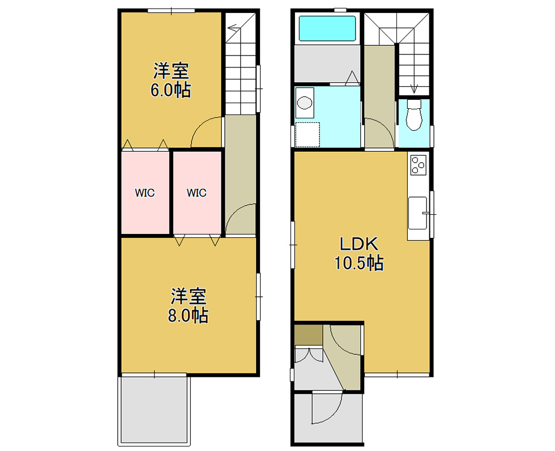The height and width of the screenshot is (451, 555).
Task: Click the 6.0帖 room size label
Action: pos(170,90)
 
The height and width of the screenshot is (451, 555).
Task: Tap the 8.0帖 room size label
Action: pos(188,316)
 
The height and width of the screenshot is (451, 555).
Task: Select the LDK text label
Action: pos(359,244)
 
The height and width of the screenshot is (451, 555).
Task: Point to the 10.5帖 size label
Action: pos(359,263)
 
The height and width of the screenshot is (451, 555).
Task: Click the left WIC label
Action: pos(145,193)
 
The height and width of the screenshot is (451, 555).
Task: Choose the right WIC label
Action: pos(197,193)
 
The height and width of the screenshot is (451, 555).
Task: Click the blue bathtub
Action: pos(327,28)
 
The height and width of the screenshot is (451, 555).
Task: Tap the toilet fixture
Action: pos(414,115)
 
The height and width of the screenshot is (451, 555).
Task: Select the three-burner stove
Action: pos(418,165)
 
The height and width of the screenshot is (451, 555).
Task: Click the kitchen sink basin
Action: pos(418,214)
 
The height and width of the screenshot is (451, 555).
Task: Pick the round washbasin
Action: pos(305,103)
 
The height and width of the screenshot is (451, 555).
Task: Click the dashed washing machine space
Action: pos(308,134)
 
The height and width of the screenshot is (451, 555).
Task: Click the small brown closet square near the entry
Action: pos(308,335)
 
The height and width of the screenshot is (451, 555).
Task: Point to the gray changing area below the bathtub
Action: pos(327,63)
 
